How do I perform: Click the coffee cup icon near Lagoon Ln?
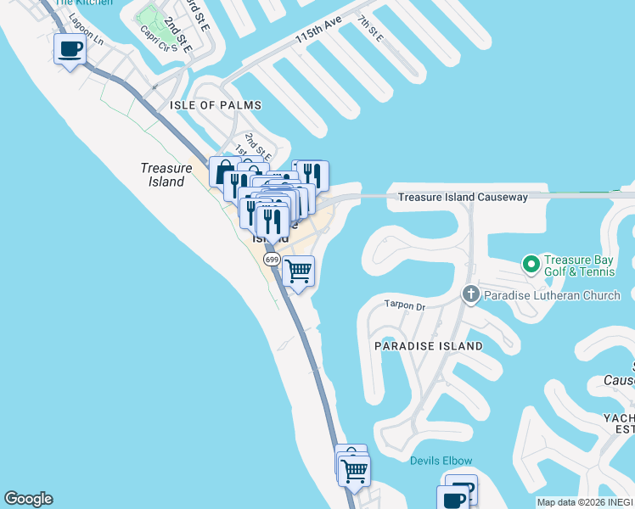70,48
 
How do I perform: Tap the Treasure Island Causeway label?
463,197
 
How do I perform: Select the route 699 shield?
272,259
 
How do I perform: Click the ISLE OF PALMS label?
216,105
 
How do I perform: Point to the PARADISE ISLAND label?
429,346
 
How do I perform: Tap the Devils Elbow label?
441,461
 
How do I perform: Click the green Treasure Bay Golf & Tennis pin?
531,264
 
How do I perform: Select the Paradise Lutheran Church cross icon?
471,294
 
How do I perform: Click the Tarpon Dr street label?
403,304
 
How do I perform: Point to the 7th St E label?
370,28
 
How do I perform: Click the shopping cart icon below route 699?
298,272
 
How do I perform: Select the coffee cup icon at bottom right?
453,500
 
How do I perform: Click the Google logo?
28,499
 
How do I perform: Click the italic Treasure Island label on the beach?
163,175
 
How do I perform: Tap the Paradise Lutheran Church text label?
552,295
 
